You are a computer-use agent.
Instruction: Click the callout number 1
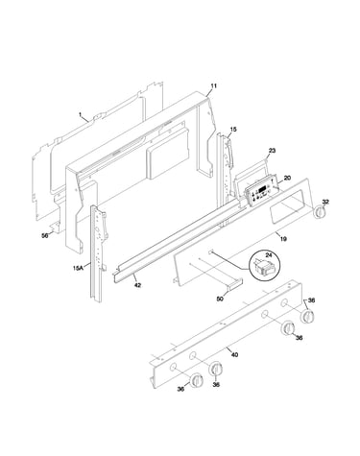coord(81,114)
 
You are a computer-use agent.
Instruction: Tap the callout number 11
coord(213,85)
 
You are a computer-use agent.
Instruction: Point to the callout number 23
coord(272,151)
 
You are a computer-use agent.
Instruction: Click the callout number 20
coord(287,178)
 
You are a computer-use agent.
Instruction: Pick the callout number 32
coord(325,202)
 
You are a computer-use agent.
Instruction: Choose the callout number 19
coord(283,239)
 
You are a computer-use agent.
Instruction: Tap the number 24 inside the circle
coord(268,255)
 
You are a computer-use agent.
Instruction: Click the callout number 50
coord(220,299)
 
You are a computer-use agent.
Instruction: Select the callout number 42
coord(137,285)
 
